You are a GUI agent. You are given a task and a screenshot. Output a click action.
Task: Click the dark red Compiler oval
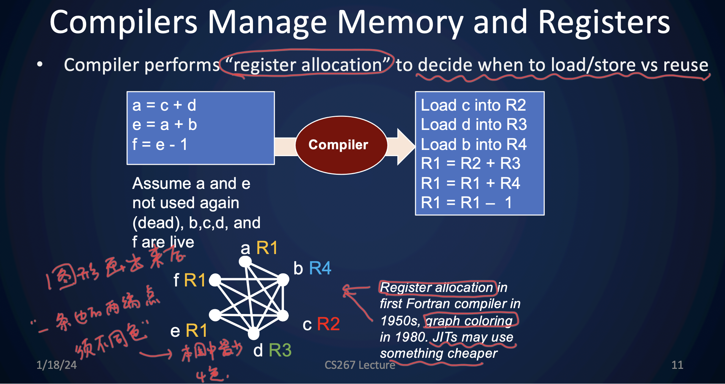341,145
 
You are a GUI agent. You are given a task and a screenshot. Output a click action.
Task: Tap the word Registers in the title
604,22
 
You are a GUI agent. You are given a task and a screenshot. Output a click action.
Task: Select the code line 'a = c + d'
164,105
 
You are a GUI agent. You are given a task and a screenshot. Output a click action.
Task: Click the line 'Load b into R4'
473,144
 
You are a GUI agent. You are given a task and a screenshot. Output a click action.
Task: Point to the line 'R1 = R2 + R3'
470,163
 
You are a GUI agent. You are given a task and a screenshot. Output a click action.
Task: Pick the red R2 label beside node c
328,324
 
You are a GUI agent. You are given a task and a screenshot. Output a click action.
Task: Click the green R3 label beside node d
280,351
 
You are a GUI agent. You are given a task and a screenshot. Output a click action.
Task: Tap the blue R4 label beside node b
320,268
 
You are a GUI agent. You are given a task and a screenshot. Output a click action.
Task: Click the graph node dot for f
215,280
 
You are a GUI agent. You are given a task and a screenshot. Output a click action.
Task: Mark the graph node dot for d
254,333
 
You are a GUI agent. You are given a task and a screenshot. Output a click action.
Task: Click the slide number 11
677,365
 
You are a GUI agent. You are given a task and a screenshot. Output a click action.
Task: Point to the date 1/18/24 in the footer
57,365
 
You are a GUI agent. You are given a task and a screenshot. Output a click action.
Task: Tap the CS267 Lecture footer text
360,365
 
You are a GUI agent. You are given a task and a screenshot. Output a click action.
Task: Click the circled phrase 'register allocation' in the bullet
307,65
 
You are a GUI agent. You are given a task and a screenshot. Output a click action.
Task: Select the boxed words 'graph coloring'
469,321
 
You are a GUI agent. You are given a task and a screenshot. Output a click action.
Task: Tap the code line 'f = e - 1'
160,144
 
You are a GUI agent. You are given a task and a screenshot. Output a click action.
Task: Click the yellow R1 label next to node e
196,331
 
